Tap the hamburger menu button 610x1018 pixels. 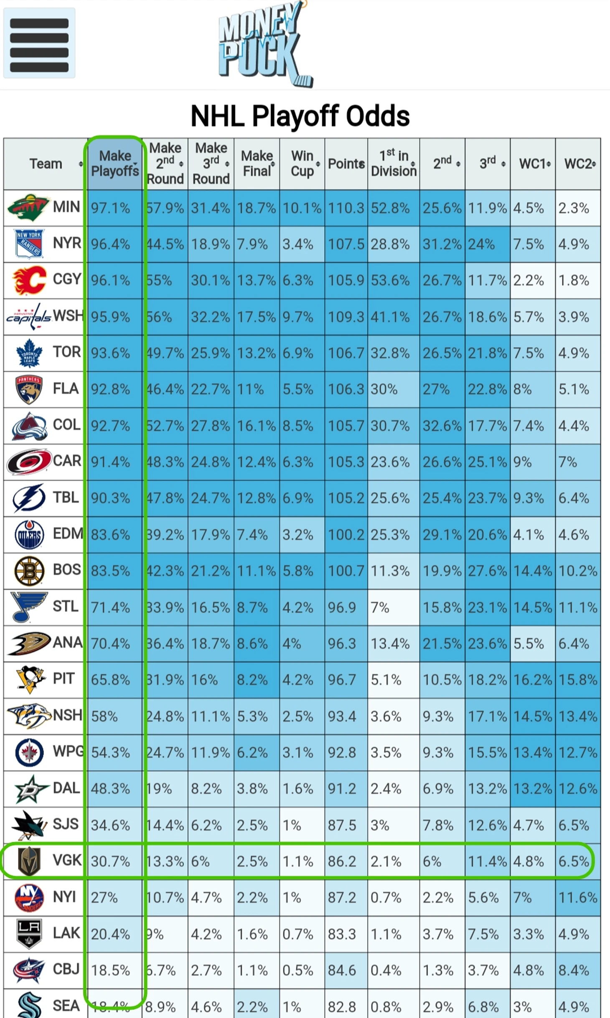tap(39, 43)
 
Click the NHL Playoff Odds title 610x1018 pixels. tap(300, 116)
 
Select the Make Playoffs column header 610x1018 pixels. tap(115, 164)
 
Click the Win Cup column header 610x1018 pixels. tap(302, 164)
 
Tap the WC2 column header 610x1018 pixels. tap(578, 164)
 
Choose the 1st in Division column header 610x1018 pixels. tap(394, 164)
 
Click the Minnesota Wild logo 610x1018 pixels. tap(28, 207)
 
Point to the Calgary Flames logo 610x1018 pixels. tap(28, 280)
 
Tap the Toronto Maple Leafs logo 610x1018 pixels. tap(28, 353)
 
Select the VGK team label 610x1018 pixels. tap(66, 860)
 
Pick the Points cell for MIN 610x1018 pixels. tap(346, 208)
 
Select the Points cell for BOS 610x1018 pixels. tap(346, 571)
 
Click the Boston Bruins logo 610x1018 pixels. tap(28, 571)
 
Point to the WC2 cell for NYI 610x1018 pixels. tap(578, 897)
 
